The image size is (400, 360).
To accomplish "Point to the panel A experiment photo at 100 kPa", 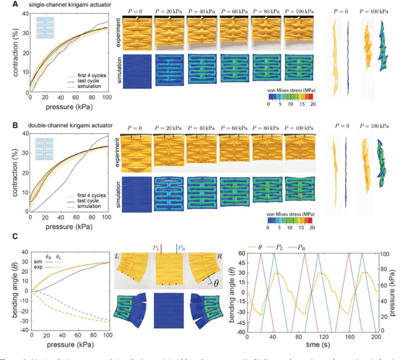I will point(299,32).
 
